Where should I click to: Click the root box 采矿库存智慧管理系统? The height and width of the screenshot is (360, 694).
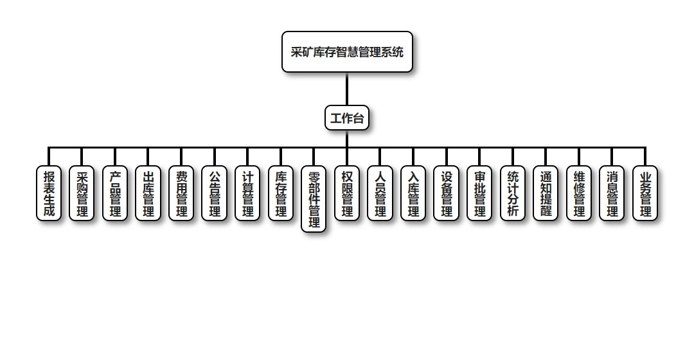click(x=347, y=52)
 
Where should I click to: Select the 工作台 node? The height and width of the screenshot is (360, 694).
click(x=347, y=118)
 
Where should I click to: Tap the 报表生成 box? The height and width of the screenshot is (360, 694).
click(x=49, y=194)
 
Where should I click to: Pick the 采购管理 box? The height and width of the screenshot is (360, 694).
click(x=82, y=194)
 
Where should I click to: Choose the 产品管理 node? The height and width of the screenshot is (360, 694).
click(x=115, y=194)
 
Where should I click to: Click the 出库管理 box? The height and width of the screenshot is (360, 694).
click(x=148, y=194)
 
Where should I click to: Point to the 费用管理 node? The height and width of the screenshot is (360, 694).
click(x=181, y=194)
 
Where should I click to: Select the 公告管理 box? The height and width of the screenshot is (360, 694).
click(x=214, y=194)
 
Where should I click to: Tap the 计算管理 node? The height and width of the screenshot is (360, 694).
click(x=247, y=194)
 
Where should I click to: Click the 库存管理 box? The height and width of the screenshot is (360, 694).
click(x=281, y=194)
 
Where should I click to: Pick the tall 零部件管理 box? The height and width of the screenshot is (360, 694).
click(x=314, y=199)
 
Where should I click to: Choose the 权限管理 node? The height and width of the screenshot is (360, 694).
click(x=347, y=194)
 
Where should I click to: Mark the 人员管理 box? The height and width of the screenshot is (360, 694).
click(x=380, y=194)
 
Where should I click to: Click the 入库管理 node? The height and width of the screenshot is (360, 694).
click(x=413, y=194)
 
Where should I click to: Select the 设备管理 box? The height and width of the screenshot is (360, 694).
click(x=446, y=194)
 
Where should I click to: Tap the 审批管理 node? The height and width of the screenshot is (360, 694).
click(x=479, y=194)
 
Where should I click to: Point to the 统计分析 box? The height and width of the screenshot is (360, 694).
click(x=513, y=194)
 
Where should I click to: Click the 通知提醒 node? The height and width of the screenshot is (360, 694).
click(x=546, y=194)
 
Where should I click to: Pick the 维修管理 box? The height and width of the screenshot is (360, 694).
click(x=579, y=194)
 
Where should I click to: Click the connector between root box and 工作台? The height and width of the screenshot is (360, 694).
click(x=347, y=89)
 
